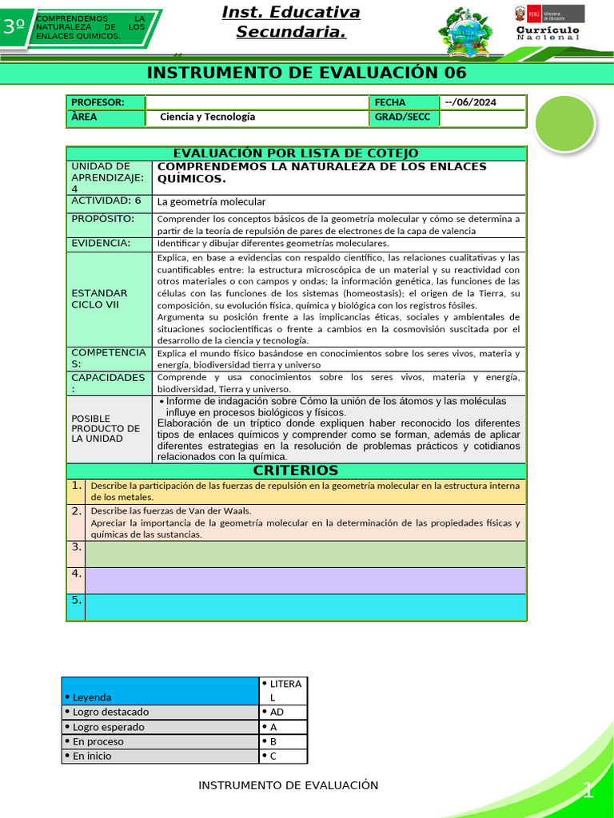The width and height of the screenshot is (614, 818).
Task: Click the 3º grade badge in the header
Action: pyautogui.click(x=14, y=26)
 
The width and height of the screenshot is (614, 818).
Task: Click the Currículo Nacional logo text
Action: pyautogui.click(x=548, y=33)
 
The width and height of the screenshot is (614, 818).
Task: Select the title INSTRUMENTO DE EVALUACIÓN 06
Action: pyautogui.click(x=306, y=73)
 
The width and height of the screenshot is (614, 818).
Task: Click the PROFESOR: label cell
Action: pyautogui.click(x=105, y=102)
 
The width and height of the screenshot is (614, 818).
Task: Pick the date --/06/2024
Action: pyautogui.click(x=483, y=102)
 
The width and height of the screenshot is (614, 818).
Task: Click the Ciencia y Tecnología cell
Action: pyautogui.click(x=208, y=117)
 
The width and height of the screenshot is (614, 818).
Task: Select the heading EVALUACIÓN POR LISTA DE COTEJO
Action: pyautogui.click(x=296, y=153)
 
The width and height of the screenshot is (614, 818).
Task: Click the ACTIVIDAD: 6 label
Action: pyautogui.click(x=107, y=201)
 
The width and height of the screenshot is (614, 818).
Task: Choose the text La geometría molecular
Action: pyautogui.click(x=211, y=202)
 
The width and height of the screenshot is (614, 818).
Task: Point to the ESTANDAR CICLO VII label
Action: pyautogui.click(x=100, y=298)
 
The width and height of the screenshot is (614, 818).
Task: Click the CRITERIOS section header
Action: pyautogui.click(x=296, y=471)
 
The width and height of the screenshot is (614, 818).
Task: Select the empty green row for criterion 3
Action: pyautogui.click(x=305, y=554)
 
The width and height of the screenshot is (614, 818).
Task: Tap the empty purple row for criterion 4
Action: pyautogui.click(x=305, y=580)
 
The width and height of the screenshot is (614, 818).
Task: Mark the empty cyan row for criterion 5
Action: pyautogui.click(x=305, y=607)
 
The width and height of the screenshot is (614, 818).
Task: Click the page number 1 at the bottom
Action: pyautogui.click(x=588, y=791)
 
